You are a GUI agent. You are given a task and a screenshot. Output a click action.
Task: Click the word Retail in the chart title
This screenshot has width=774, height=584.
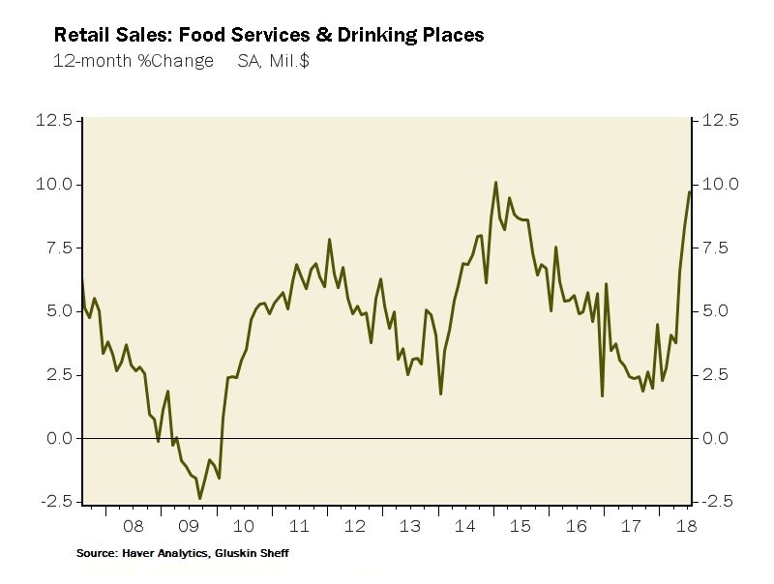79,36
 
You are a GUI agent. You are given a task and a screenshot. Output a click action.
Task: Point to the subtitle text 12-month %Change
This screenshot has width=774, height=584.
134,61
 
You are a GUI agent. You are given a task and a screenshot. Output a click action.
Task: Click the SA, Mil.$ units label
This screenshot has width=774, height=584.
274,61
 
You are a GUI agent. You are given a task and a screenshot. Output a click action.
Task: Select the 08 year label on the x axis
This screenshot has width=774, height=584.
133,526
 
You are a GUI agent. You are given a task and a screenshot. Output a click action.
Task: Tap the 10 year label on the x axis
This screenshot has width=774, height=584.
243,526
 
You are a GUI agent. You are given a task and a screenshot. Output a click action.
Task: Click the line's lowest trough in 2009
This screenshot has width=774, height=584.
199,499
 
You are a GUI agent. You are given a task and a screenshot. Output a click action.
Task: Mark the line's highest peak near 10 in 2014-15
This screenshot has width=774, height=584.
495,182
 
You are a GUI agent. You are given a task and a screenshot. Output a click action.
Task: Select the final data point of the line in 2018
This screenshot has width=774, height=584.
690,191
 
